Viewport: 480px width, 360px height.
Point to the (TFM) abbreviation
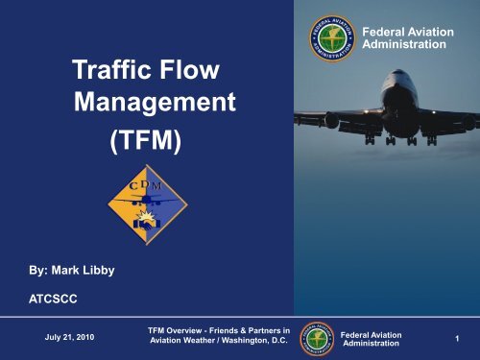pyautogui.click(x=142, y=142)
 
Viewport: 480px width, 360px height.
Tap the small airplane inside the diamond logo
pyautogui.click(x=145, y=202)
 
